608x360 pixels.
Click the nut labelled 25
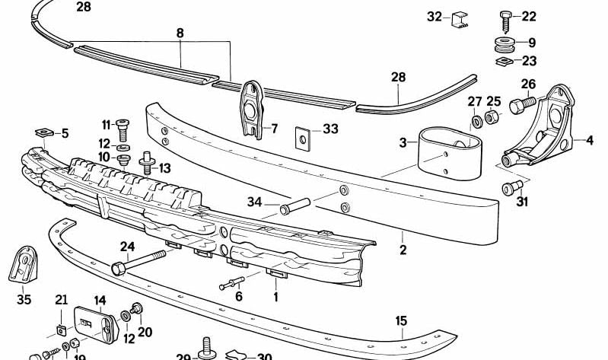[492, 117]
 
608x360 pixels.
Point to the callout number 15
[401, 321]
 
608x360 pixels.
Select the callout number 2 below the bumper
[403, 250]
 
